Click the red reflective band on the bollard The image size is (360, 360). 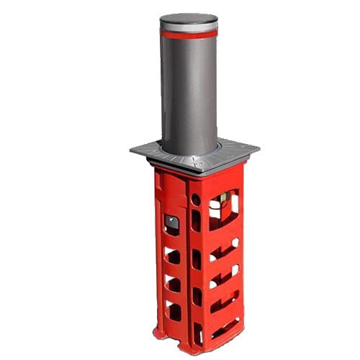pyautogui.click(x=189, y=34)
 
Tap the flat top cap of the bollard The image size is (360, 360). pyautogui.click(x=189, y=19)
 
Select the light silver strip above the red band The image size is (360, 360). pyautogui.click(x=189, y=27)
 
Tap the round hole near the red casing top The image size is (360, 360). pyautogui.click(x=195, y=198)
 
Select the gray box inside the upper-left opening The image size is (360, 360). pyautogui.click(x=171, y=223)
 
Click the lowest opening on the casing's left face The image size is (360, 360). pyautogui.click(x=174, y=310)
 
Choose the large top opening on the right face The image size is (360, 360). pyautogui.click(x=223, y=209)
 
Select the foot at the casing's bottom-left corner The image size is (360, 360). pyautogui.click(x=160, y=333)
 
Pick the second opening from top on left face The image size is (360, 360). pyautogui.click(x=173, y=256)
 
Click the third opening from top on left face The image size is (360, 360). pyautogui.click(x=173, y=283)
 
